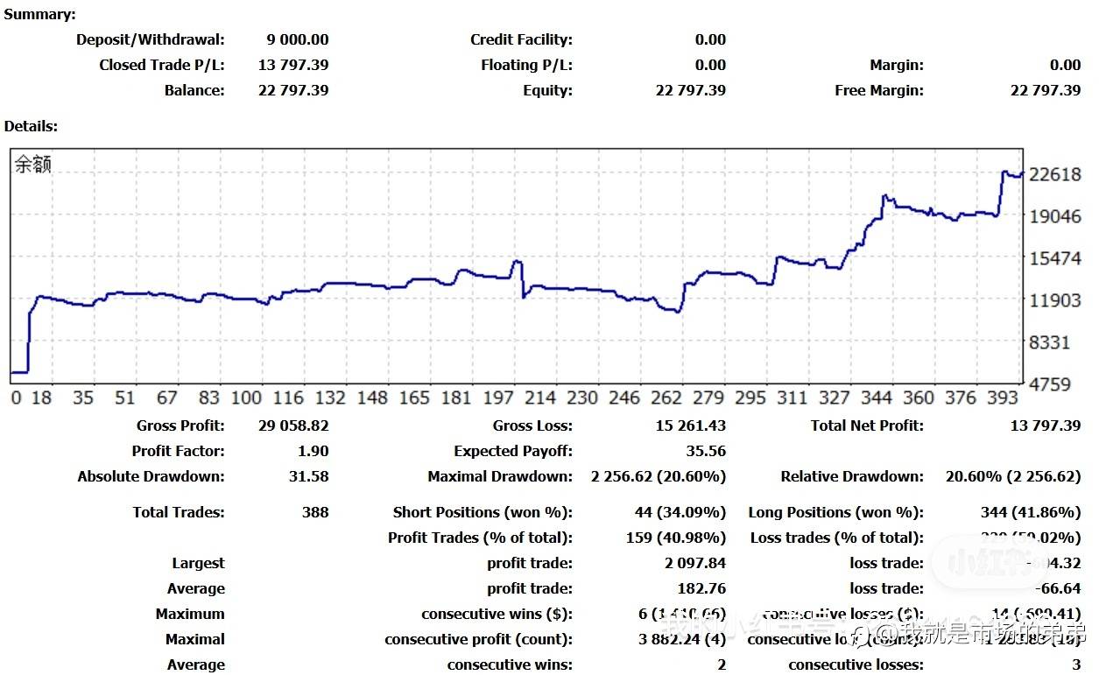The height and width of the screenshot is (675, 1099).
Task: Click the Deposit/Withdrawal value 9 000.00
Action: [x=297, y=39]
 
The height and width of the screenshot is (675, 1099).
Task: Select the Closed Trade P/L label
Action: [x=161, y=65]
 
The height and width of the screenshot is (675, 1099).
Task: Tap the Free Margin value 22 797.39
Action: [x=1045, y=90]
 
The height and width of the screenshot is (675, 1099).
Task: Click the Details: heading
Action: [x=31, y=126]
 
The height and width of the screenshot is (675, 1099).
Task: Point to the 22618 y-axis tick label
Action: [x=1055, y=174]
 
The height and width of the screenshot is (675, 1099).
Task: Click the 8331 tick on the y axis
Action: [x=1049, y=342]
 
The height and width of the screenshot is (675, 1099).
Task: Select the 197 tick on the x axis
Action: [x=498, y=397]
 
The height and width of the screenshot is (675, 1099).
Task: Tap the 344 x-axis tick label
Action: [x=876, y=397]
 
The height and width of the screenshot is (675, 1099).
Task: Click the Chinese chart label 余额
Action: [x=33, y=165]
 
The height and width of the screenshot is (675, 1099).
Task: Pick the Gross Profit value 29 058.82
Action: [x=293, y=425]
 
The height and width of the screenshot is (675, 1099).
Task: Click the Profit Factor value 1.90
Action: [x=313, y=451]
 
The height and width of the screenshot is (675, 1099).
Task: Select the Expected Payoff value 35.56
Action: [x=706, y=451]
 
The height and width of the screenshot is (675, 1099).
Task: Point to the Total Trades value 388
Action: [x=314, y=512]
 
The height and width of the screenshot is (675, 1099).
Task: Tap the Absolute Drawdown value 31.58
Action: [x=309, y=476]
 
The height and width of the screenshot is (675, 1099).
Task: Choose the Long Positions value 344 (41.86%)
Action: [x=1030, y=512]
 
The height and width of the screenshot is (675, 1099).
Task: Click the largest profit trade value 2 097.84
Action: [x=695, y=563]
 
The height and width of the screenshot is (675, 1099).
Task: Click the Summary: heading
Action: [x=39, y=14]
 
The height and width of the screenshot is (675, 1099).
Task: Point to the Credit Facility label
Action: [x=521, y=39]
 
